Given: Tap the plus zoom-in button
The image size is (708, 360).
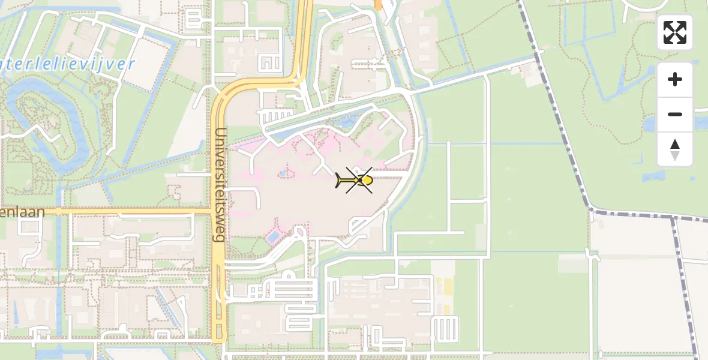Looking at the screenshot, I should tap(675, 79).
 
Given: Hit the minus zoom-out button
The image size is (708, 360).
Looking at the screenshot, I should tap(675, 114).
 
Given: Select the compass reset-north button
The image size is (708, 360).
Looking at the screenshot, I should tap(675, 149).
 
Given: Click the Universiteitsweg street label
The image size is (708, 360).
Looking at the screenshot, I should tap(219, 184).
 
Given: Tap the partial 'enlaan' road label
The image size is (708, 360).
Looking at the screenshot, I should tap(22, 212).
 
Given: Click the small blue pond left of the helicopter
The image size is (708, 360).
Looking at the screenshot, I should tap(282, 173).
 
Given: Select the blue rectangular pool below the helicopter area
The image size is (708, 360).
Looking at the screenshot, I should tap(274, 237).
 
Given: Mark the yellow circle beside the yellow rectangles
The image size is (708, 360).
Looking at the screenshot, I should tap(437, 281).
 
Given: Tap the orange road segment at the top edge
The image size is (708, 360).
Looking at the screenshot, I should tap(378, 4).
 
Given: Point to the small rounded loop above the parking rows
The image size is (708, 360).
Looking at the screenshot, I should tap(289, 275).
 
